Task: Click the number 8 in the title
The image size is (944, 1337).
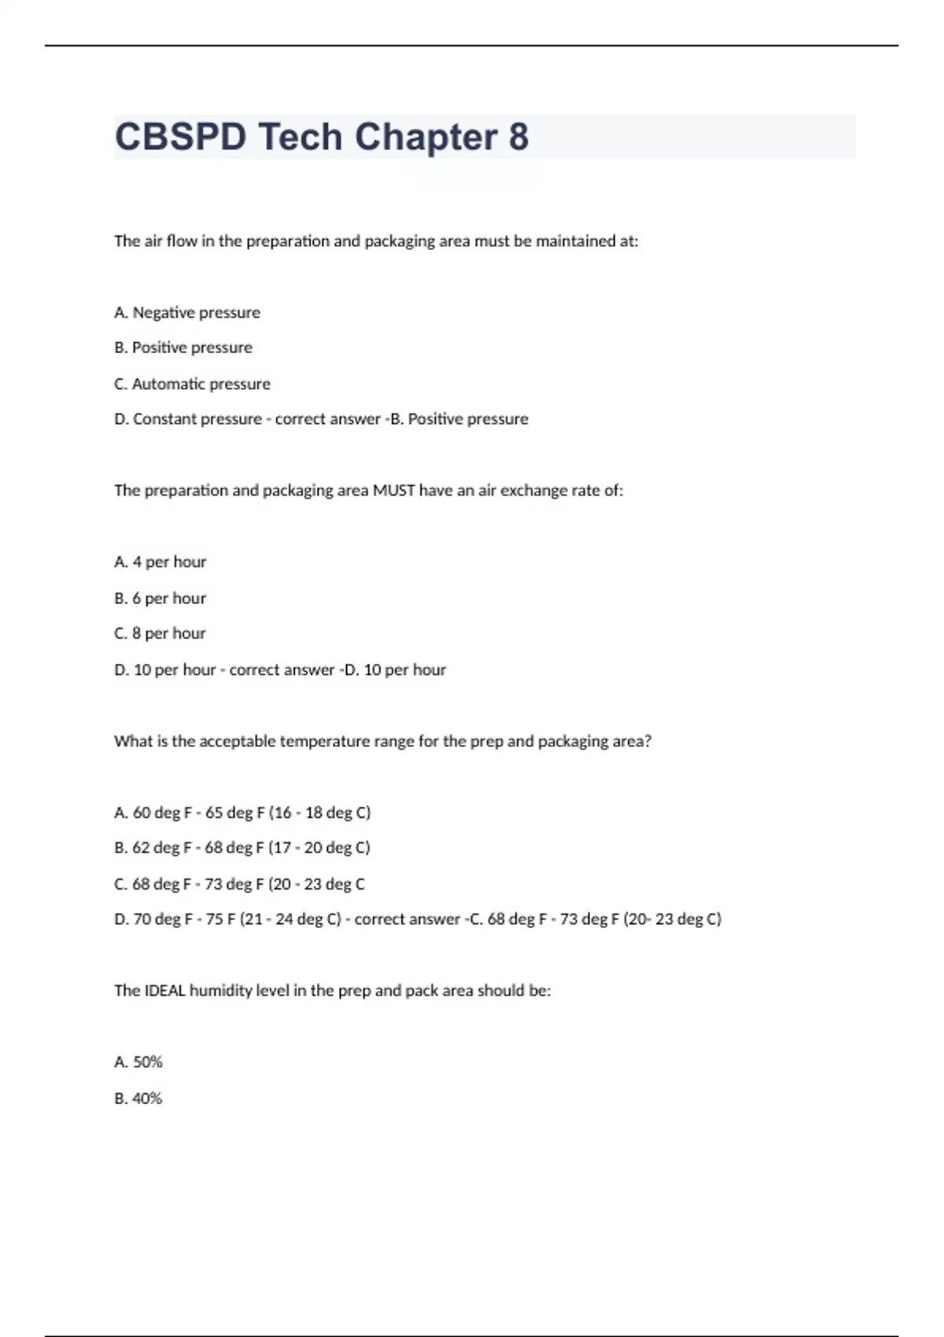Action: pyautogui.click(x=518, y=137)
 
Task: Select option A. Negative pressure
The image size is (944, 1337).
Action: pyautogui.click(x=187, y=312)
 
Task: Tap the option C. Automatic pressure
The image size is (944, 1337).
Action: pyautogui.click(x=192, y=384)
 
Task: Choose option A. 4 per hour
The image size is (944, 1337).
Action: pyautogui.click(x=160, y=562)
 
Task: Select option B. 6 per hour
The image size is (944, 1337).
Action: pyautogui.click(x=160, y=598)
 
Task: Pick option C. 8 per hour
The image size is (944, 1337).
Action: pyautogui.click(x=160, y=633)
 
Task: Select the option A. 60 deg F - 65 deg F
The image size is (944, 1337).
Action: pyautogui.click(x=242, y=812)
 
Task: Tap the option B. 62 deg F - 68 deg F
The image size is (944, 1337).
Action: pyautogui.click(x=242, y=848)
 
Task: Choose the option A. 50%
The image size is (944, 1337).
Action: pyautogui.click(x=138, y=1062)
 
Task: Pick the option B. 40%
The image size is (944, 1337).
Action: pyautogui.click(x=138, y=1098)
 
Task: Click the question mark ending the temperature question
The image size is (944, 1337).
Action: pyautogui.click(x=647, y=741)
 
